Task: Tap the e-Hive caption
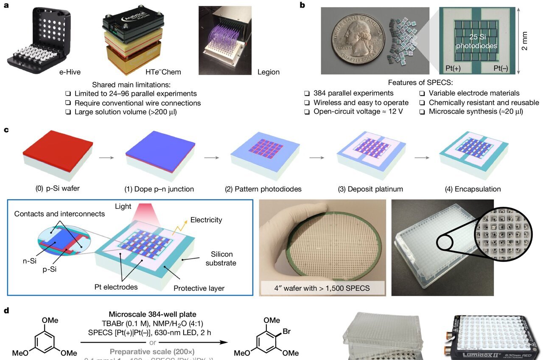[70, 72]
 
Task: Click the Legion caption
[269, 72]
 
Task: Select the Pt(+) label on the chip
[453, 68]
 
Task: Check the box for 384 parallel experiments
[307, 93]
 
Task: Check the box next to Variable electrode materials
[423, 93]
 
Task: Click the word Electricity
[206, 220]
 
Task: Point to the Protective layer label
[199, 289]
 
